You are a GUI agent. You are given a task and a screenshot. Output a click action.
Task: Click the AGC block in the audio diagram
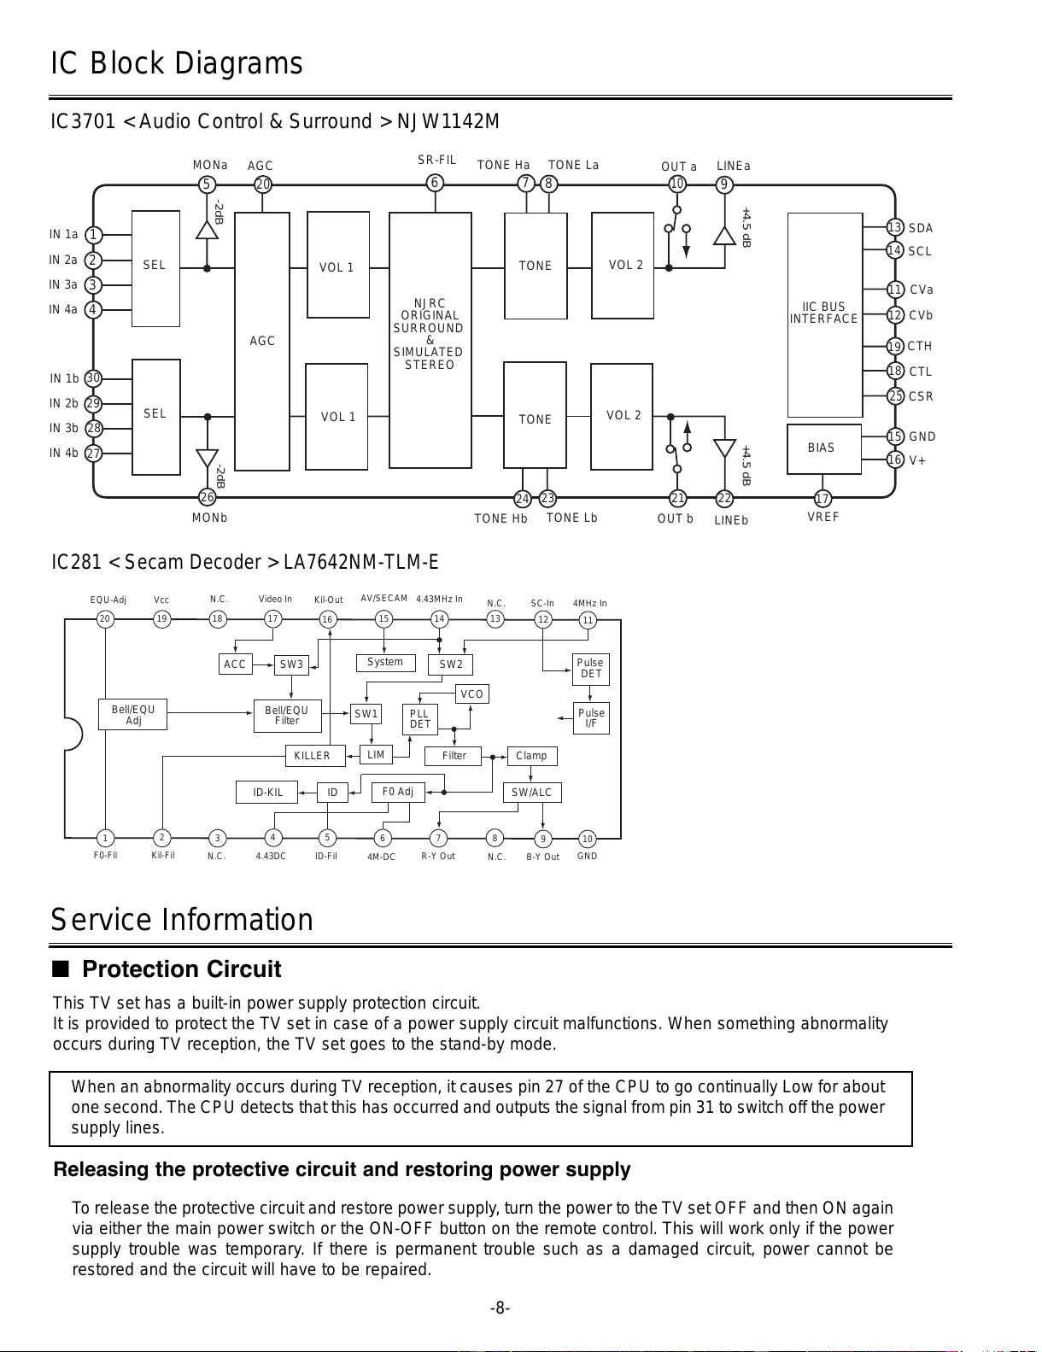click(262, 341)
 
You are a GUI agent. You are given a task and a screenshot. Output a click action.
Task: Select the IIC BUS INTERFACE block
click(825, 315)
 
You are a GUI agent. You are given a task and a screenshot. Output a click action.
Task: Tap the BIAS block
click(824, 448)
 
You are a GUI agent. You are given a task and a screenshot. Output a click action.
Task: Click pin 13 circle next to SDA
click(894, 227)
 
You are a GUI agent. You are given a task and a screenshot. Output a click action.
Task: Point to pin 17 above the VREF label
click(822, 499)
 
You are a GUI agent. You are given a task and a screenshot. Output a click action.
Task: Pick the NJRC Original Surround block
click(430, 340)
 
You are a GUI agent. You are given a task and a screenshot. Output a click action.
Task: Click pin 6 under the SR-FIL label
click(435, 183)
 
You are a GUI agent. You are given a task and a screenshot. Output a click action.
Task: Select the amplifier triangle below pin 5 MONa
click(208, 231)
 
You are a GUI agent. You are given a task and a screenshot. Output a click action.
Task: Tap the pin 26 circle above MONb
click(208, 497)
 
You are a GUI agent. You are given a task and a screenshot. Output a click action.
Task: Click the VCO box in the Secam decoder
click(472, 694)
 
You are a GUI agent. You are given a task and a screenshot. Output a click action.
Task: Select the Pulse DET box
click(590, 669)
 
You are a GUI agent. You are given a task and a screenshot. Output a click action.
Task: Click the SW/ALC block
click(532, 792)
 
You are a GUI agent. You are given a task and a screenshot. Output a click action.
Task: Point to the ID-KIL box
click(266, 792)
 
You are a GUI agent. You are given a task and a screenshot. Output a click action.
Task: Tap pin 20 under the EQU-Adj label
click(105, 619)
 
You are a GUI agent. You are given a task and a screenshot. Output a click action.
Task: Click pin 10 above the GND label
click(588, 839)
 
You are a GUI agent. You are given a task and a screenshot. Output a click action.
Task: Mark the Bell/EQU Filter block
click(288, 716)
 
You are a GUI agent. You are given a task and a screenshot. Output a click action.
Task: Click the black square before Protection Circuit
click(61, 969)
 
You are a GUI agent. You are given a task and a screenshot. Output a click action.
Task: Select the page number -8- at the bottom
click(501, 1308)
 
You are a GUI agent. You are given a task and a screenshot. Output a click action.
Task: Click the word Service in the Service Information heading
click(100, 920)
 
